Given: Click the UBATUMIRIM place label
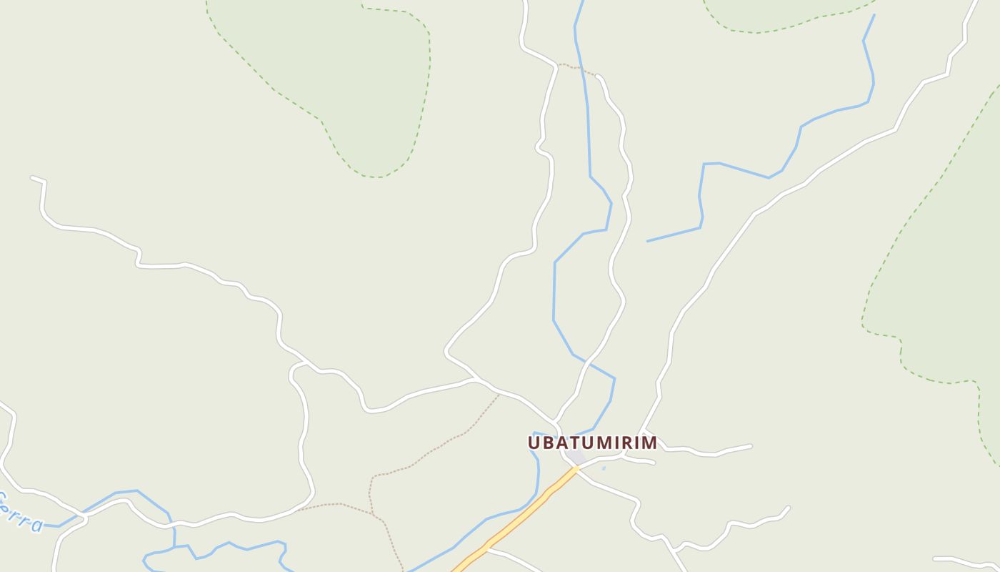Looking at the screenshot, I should tap(592, 443).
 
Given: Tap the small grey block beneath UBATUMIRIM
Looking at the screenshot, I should tap(576, 457).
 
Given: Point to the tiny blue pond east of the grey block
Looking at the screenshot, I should tap(604, 468).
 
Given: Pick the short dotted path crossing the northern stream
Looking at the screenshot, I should tap(577, 69).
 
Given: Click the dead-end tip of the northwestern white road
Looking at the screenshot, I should tap(32, 177).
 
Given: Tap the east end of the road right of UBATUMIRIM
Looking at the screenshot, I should tap(751, 446).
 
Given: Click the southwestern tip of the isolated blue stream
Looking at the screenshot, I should tap(648, 241).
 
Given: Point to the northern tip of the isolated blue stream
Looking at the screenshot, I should tap(874, 15).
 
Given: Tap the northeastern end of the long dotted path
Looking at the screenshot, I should tap(499, 395).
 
